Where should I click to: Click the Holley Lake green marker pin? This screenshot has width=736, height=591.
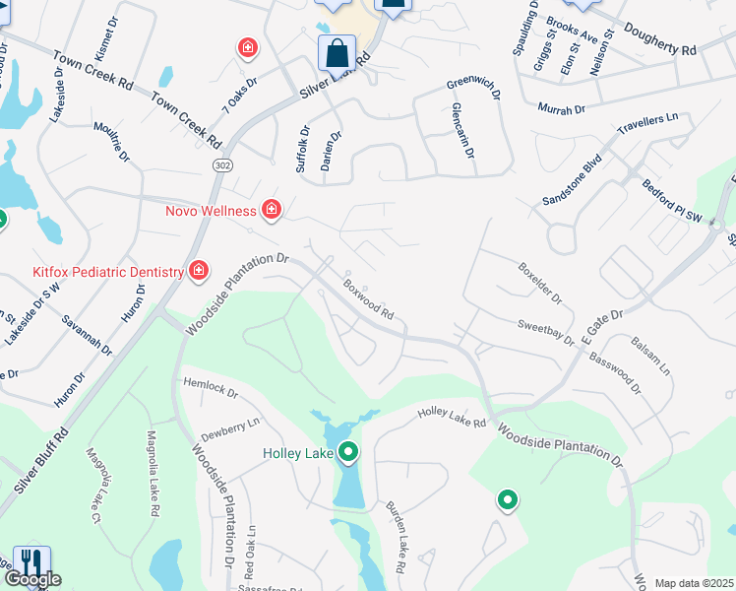coord(347,453)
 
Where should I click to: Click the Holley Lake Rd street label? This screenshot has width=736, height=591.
coord(452,418)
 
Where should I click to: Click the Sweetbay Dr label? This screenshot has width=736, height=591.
coord(546,332)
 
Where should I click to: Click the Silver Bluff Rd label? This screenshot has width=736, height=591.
coord(41,462)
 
